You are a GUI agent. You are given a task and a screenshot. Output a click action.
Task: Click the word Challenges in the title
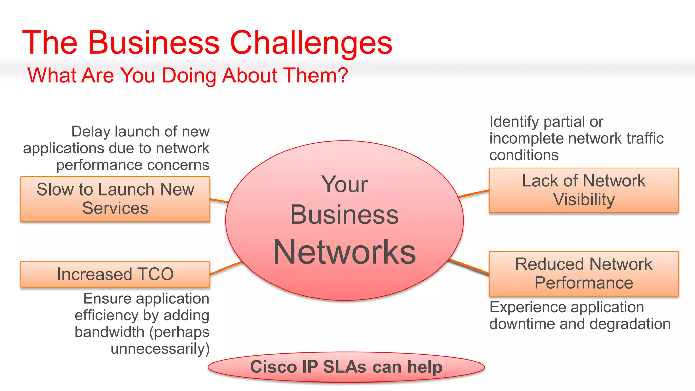coord(311,43)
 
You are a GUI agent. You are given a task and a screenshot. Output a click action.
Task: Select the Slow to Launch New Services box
coord(115,199)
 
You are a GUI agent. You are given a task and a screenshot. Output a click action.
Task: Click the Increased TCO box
coord(115,274)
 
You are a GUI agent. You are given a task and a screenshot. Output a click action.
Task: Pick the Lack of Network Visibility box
coord(583,190)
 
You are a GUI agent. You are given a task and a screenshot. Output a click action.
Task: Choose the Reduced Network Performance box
coord(583,274)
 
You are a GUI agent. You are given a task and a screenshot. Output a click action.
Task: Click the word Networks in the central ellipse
coord(344,252)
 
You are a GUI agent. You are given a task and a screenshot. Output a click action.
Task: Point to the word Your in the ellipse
coord(344,185)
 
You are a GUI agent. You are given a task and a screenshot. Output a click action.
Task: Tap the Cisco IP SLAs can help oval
coord(346,367)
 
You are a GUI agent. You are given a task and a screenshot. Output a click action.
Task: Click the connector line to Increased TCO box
coord(226,268)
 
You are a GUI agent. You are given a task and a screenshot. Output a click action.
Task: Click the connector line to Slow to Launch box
coord(219,201)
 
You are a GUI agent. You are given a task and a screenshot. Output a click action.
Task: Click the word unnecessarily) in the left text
coord(160,349)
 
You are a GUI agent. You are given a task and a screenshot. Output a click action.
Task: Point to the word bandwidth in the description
coord(109,332)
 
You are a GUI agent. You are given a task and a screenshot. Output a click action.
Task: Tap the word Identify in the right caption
coord(514,122)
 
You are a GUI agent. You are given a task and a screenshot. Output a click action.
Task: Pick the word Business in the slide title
coord(154,43)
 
